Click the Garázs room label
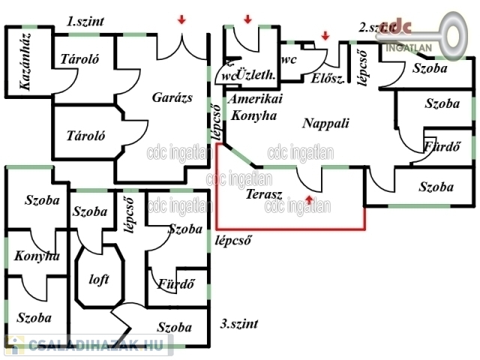172,98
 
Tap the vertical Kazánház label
24,71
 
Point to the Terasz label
263,194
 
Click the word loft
99,279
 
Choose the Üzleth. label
257,76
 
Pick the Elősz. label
326,79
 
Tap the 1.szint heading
85,21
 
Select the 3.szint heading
239,324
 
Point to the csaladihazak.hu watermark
88,345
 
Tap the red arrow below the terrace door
310,199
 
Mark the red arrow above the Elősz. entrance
325,35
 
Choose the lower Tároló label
85,136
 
